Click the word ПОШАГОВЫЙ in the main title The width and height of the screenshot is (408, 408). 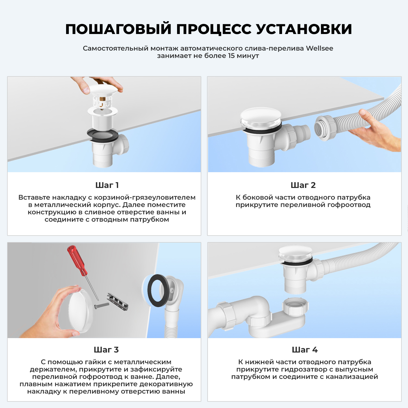(x=118, y=29)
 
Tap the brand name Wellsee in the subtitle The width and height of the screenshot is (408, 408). (x=319, y=48)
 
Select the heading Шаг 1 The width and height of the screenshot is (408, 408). (x=107, y=185)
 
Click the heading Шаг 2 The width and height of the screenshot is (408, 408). (x=303, y=185)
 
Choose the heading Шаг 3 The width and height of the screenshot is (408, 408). (x=106, y=350)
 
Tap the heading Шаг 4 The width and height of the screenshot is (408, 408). (x=305, y=350)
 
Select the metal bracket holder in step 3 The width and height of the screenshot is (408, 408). (x=117, y=302)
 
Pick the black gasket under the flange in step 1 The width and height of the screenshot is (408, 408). (x=103, y=135)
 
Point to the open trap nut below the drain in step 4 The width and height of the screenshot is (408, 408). (x=295, y=306)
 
